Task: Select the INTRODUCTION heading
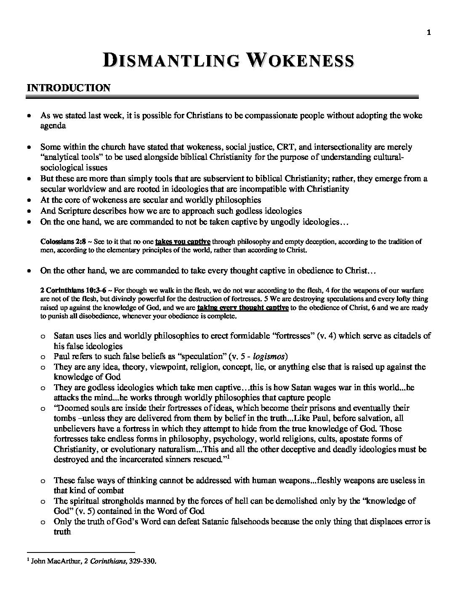point(68,88)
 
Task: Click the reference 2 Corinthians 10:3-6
point(73,290)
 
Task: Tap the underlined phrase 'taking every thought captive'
point(242,308)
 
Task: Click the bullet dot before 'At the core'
point(29,200)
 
